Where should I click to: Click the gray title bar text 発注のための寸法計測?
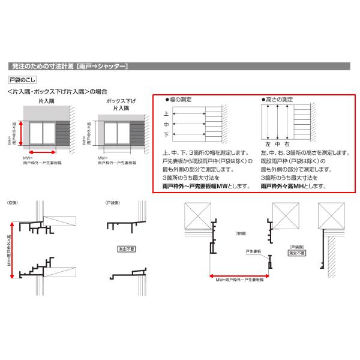(x=42, y=66)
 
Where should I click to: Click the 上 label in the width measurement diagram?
(x=166, y=113)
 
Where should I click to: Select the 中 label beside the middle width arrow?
(x=166, y=124)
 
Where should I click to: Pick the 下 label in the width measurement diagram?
(x=166, y=136)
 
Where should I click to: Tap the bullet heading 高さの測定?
(x=278, y=99)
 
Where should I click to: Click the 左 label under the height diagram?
(x=268, y=145)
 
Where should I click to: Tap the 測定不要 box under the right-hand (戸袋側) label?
(x=296, y=254)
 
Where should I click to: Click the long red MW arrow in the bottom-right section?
(x=239, y=275)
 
